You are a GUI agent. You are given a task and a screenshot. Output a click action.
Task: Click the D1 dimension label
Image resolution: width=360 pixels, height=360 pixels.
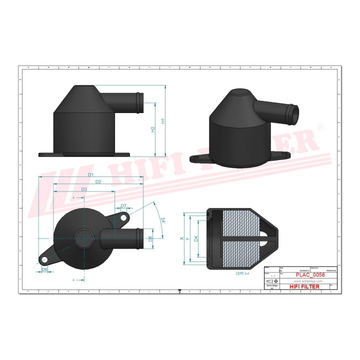[91, 174]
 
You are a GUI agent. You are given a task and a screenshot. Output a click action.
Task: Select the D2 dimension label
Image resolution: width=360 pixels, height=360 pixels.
[98, 181]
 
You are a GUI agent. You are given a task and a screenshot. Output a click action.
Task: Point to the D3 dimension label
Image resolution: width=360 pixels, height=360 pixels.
[84, 189]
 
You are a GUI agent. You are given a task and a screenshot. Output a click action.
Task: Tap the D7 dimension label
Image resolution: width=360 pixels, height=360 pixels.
[123, 206]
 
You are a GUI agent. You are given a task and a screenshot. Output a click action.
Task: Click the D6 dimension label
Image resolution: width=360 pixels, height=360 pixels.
[44, 269]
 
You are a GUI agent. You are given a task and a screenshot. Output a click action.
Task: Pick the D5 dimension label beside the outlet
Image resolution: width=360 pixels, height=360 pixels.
[150, 238]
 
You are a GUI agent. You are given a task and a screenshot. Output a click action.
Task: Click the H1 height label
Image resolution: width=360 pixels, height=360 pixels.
[163, 120]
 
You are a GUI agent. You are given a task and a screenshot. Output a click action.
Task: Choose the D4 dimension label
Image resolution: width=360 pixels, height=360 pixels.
[195, 238]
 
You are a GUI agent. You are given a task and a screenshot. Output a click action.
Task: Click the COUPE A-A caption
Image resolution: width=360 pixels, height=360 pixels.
[242, 274]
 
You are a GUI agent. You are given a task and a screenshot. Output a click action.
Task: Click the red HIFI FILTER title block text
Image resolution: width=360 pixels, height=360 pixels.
[304, 286]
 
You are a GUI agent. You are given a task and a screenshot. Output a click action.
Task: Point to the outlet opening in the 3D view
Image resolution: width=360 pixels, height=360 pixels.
[293, 113]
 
